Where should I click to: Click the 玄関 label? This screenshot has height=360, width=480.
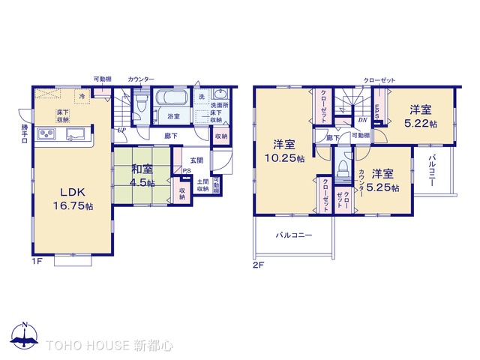tap(196, 160)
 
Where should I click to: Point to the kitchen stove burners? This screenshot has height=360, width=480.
tap(46, 134)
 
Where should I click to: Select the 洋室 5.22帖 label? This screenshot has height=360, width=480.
tap(420, 118)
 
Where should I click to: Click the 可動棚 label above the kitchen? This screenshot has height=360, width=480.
tap(103, 79)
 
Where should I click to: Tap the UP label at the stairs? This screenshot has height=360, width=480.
tap(121, 130)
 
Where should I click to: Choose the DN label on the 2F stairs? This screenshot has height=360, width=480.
tap(362, 120)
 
